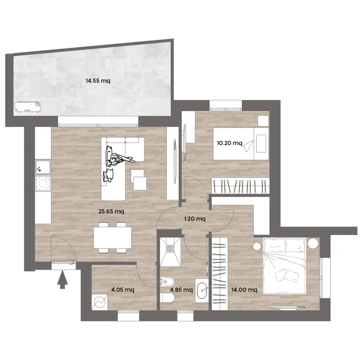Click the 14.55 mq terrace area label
98,81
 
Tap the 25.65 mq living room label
111,211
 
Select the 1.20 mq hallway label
195,219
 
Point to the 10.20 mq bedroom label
229,143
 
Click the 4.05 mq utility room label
123,290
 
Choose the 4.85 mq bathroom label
181,290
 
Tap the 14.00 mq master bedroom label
244,290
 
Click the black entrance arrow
62,280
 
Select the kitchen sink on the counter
43,167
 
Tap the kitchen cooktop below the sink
43,183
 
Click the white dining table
113,238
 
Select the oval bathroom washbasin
202,291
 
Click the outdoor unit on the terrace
28,107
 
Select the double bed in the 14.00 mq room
285,266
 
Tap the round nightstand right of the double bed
313,243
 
